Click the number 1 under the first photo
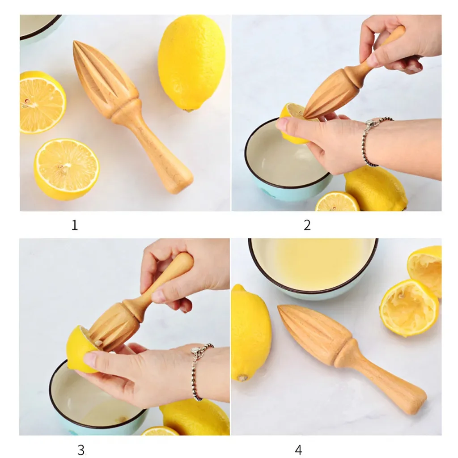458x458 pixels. point(75,225)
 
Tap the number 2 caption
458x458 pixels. point(307,225)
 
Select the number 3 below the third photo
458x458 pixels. point(81,450)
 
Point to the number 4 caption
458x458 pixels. point(298,450)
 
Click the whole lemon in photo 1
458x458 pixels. point(191,63)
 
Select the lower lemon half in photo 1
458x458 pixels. point(67,170)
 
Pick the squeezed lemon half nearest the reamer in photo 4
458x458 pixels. point(409,308)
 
